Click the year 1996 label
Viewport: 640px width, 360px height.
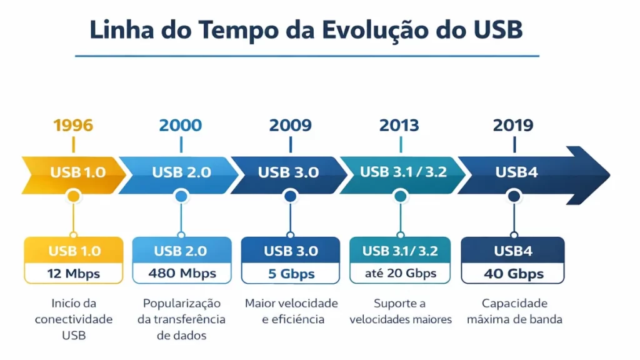point(73,125)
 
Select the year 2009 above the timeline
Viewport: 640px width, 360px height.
point(290,125)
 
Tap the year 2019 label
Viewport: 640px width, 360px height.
point(513,125)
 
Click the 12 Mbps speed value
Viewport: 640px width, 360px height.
point(73,273)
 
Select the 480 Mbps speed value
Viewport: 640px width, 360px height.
point(182,273)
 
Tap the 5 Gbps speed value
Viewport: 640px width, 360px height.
point(291,274)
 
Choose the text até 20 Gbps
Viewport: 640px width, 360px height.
point(401,273)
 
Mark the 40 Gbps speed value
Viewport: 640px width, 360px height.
point(513,274)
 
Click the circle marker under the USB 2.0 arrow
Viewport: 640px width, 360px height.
point(181,196)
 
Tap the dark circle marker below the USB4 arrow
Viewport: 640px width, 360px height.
point(514,196)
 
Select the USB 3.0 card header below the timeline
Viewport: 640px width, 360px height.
point(291,251)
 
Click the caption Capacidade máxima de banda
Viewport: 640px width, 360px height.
point(514,311)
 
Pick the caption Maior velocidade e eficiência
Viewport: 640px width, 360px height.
point(291,311)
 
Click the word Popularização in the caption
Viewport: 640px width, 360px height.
point(182,303)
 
